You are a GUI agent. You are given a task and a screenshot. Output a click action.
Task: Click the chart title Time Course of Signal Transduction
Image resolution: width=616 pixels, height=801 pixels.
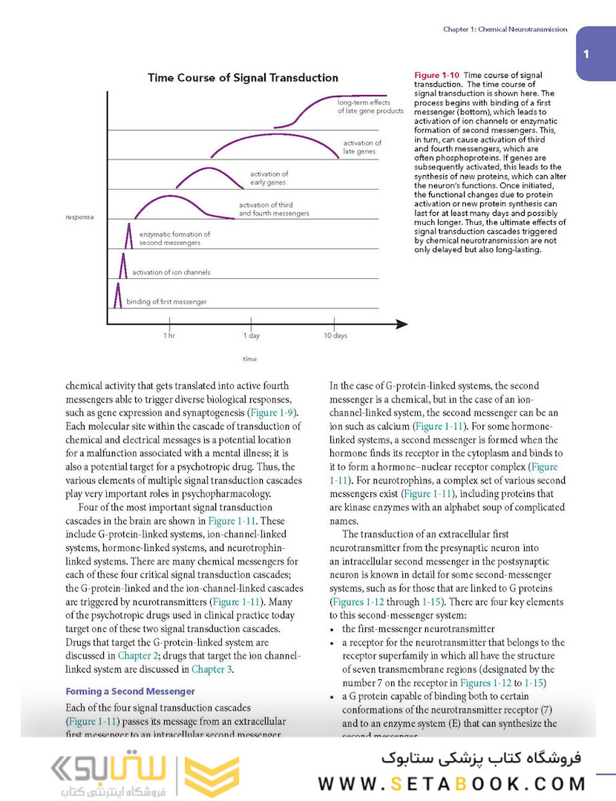(x=243, y=78)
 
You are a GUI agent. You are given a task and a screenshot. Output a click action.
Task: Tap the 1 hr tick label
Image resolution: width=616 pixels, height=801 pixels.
(x=169, y=336)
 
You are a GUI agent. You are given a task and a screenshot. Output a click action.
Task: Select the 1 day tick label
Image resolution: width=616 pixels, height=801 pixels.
(x=252, y=336)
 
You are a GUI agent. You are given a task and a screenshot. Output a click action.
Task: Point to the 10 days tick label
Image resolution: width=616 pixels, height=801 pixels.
(x=335, y=336)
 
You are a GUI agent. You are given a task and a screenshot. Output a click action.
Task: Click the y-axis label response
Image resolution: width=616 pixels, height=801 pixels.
(x=79, y=217)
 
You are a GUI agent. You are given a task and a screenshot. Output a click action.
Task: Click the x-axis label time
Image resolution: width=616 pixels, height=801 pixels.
(x=250, y=359)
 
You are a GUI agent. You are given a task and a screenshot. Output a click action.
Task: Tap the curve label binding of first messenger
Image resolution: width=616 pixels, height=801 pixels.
(x=166, y=302)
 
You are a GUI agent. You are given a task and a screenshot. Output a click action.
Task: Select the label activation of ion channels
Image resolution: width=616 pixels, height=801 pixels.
(x=171, y=272)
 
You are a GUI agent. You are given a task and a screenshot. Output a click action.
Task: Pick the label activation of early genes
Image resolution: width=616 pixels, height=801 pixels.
(x=268, y=178)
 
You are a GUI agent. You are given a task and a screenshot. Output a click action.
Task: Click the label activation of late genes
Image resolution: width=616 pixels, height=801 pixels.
(x=361, y=147)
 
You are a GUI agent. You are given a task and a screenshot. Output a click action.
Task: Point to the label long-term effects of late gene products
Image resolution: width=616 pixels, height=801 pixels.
(x=369, y=106)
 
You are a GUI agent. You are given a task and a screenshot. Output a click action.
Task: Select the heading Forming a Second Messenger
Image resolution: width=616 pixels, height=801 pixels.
(x=130, y=691)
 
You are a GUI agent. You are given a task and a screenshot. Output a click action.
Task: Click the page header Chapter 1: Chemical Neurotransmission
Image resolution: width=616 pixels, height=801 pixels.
(x=505, y=30)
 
